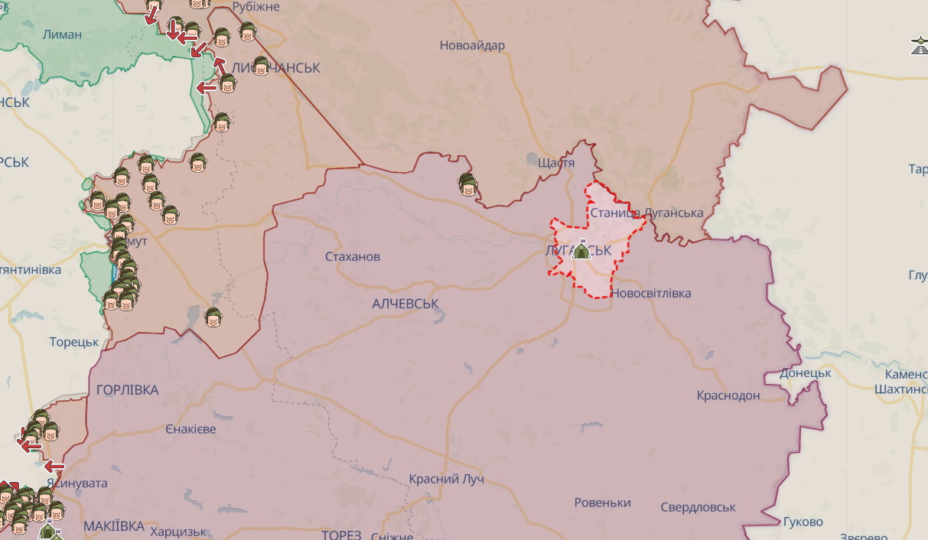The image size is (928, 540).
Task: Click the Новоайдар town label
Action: tap(472, 46)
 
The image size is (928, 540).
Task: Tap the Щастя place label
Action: tap(556, 163)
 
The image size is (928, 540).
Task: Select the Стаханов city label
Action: tap(352, 257)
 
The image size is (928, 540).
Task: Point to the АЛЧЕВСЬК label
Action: tap(405, 304)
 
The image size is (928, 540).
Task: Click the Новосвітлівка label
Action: tap(651, 294)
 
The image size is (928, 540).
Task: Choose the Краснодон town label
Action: tap(728, 395)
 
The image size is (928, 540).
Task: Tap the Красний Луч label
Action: tap(446, 480)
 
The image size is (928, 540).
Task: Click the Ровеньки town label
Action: tap(603, 503)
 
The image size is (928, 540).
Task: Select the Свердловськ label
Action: tap(698, 507)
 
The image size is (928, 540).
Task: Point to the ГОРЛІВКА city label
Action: tap(128, 390)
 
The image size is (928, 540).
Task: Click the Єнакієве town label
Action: tap(190, 429)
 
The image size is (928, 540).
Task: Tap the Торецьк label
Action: tap(74, 342)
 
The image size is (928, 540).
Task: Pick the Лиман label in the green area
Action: tap(63, 34)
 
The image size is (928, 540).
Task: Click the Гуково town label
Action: tap(803, 522)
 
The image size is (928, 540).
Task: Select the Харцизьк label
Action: tap(179, 532)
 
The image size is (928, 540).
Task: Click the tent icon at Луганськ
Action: tap(581, 249)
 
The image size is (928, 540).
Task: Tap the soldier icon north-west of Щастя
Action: tap(467, 184)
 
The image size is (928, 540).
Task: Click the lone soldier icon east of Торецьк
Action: tap(213, 317)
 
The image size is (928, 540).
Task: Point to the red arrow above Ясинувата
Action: tap(54, 466)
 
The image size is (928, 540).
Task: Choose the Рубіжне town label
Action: tap(256, 7)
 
